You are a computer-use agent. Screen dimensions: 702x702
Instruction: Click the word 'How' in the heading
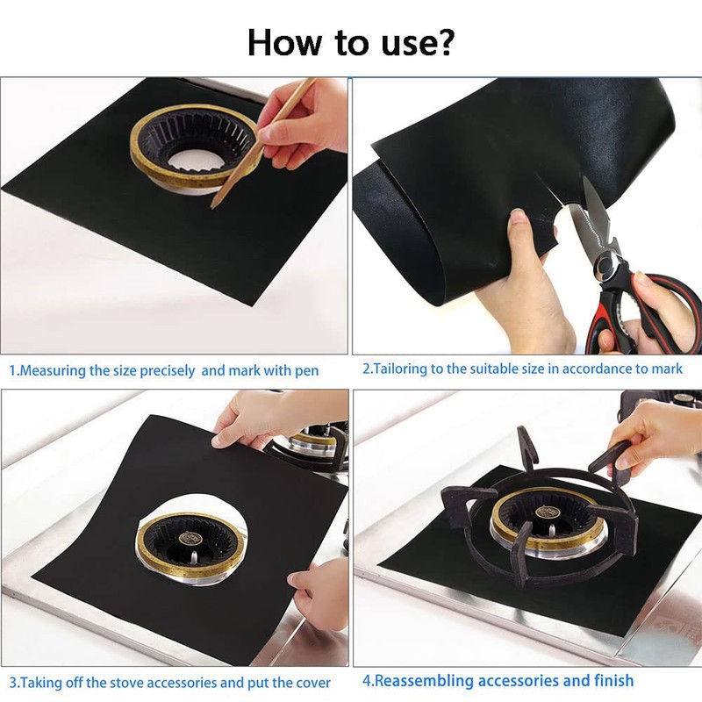(x=284, y=42)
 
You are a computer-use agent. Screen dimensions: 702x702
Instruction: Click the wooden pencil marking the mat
(x=261, y=144)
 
